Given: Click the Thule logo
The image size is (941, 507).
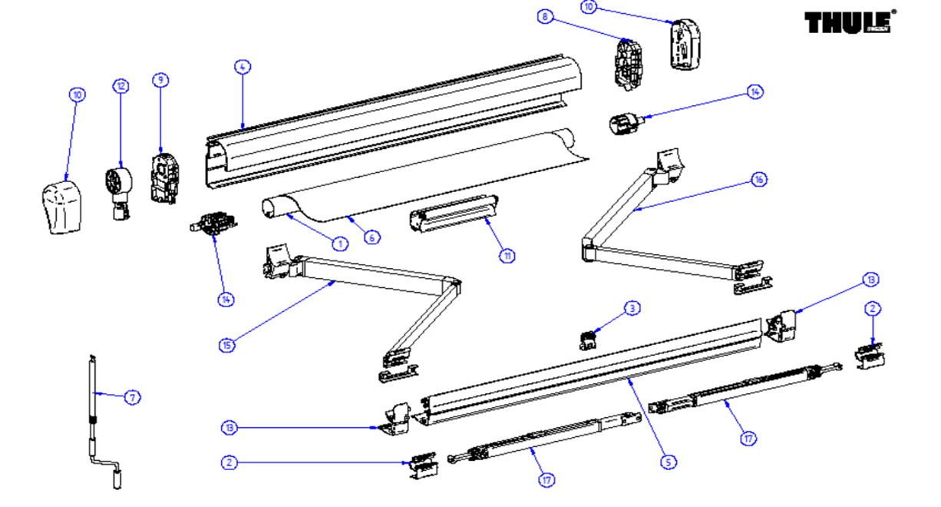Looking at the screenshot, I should pos(849,22).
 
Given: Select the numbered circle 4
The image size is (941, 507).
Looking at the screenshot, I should pos(242,68).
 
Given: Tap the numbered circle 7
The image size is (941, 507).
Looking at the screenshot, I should pos(133,397).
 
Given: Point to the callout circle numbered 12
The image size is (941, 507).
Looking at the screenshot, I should pos(121,86).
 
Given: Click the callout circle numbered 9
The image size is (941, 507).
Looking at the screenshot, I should pos(160,80).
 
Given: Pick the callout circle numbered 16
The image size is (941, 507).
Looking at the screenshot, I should pos(758,180).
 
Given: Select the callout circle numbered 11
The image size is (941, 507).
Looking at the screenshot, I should pos(507,256).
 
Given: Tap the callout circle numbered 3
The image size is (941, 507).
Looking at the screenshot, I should pos(632,309).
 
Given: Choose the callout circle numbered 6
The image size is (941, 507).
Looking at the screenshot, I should pos(371,237).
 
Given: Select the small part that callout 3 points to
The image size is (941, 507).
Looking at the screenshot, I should pos(589,339).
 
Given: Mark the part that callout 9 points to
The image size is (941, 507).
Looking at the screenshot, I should pos(163,179).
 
